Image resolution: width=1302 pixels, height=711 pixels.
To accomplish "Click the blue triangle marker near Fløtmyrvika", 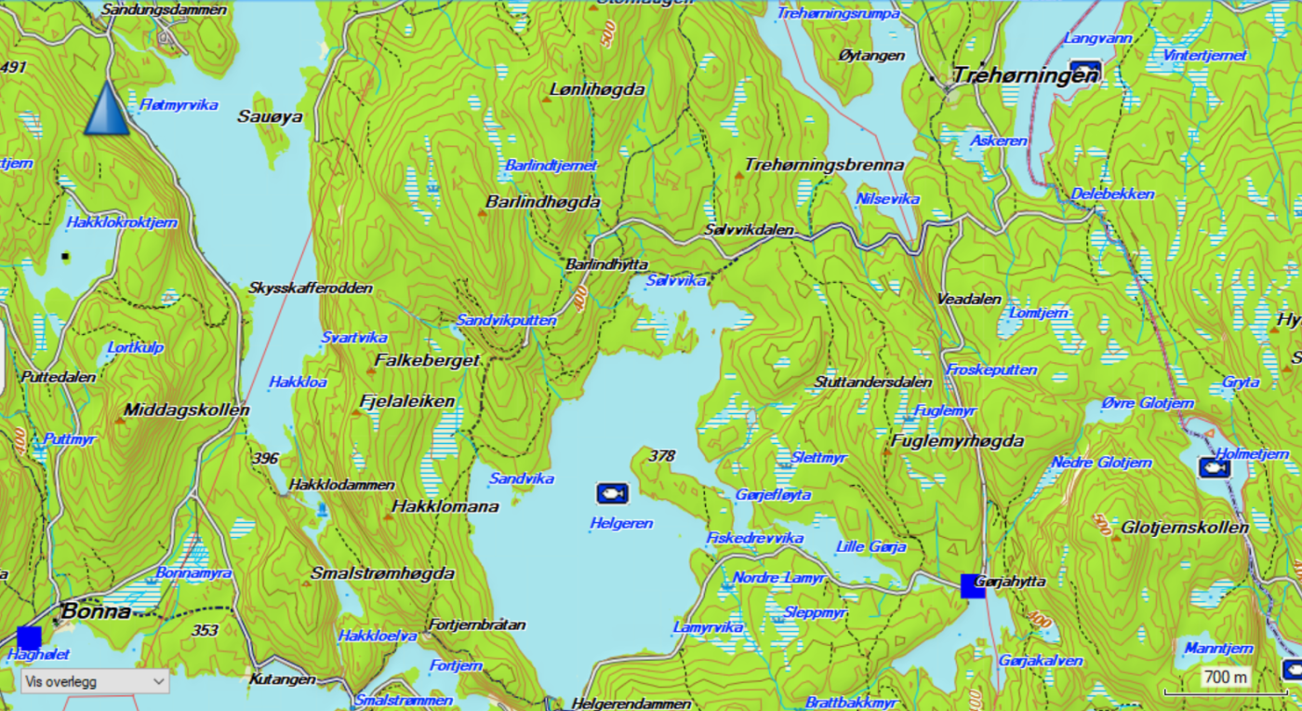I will (107, 109).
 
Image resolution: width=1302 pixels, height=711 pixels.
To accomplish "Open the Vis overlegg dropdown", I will (95, 682).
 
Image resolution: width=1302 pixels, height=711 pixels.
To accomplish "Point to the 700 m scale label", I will (1225, 677).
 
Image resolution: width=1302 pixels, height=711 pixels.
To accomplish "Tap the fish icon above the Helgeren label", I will (612, 492).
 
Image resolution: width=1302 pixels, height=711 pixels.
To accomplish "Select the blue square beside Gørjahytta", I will (973, 585).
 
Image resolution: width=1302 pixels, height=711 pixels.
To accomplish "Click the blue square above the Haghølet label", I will (29, 637).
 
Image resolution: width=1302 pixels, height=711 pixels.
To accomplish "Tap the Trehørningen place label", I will (1025, 74).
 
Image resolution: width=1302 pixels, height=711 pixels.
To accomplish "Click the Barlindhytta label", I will (606, 264).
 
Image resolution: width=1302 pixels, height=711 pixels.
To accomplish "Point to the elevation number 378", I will (662, 456).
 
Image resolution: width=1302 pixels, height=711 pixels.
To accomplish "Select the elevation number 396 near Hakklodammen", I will (265, 458).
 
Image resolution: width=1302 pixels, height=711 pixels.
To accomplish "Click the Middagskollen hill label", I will (186, 409).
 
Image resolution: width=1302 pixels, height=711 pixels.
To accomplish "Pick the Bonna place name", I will (96, 611).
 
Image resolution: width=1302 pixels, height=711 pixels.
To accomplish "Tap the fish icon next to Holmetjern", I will (1213, 468).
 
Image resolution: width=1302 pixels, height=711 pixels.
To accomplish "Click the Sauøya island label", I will (270, 116).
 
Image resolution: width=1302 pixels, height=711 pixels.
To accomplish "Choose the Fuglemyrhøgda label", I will (957, 440).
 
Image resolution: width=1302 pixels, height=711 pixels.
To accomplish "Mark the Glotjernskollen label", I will (1185, 528).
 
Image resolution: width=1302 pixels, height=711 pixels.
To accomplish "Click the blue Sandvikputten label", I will (506, 320).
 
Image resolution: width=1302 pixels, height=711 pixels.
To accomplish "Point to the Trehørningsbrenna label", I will (824, 165).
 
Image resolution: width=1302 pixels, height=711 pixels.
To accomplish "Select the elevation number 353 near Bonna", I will (205, 630).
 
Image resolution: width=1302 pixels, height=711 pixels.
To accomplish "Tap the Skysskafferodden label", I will (311, 288).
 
